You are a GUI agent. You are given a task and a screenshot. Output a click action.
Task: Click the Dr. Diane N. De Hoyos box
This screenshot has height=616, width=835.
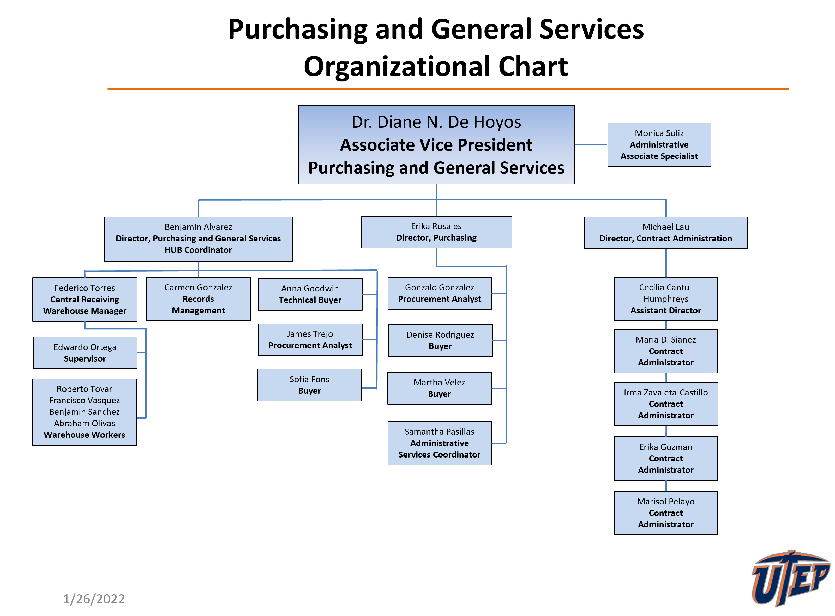[x=436, y=145]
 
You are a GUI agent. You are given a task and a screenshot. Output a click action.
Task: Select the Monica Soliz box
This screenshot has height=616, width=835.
[x=659, y=145]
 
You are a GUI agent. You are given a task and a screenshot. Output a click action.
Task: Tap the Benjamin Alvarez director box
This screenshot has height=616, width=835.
[x=198, y=239]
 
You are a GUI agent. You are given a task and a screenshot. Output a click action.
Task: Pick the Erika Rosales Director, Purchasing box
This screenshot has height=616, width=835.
[x=436, y=232]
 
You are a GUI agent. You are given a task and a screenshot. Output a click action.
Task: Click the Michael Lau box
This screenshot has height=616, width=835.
[x=666, y=233]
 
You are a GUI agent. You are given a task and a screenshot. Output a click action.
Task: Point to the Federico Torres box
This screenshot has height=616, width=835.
[x=85, y=300]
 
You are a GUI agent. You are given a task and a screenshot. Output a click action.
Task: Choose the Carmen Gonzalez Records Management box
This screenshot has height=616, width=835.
[x=198, y=299]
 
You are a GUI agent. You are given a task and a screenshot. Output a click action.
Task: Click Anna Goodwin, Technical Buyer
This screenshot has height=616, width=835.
[x=310, y=294]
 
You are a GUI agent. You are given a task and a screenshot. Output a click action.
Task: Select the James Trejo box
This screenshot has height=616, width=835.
[x=310, y=340]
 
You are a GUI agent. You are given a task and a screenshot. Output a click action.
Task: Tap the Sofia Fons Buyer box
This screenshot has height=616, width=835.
[x=309, y=385]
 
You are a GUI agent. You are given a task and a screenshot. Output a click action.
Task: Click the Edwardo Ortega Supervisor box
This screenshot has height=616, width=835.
[x=85, y=353]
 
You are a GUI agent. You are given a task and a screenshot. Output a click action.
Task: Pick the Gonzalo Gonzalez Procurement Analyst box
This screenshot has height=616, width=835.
[x=440, y=293]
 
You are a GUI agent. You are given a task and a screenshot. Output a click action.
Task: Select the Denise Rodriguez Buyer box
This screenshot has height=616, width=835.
[x=440, y=340]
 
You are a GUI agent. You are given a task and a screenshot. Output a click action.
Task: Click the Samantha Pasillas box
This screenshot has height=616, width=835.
[x=440, y=443]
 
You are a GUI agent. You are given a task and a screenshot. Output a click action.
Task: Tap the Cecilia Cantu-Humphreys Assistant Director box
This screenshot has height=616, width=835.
[x=666, y=299]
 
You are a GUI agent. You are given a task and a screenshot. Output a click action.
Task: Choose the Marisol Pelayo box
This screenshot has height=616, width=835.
[x=666, y=513]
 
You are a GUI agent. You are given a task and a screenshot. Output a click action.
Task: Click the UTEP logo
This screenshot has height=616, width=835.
[x=789, y=578]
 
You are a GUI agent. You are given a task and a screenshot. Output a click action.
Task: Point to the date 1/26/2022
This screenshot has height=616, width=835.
[x=94, y=599]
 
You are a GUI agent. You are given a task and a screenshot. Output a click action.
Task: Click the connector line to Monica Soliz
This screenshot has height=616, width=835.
[x=591, y=145]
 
